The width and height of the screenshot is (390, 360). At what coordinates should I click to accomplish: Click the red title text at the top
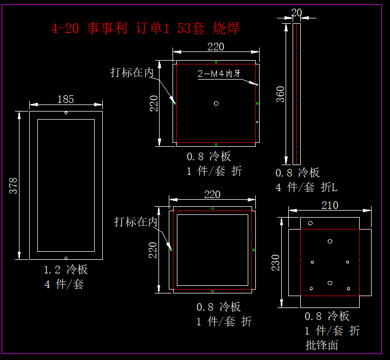point(146,28)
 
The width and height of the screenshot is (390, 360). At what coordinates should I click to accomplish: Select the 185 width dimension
point(65,99)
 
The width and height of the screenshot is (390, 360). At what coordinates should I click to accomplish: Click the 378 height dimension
point(13,186)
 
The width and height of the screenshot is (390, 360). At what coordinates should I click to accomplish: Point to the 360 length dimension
point(280,94)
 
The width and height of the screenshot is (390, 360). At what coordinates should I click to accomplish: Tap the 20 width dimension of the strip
point(296,12)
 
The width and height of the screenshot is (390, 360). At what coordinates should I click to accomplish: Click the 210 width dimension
point(330,205)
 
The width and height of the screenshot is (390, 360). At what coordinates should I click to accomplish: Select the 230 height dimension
point(275,263)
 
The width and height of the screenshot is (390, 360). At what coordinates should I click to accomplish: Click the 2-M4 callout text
point(219,74)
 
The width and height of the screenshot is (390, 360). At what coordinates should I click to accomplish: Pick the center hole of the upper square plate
point(216,103)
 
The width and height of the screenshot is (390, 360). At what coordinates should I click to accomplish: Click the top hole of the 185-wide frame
point(66,113)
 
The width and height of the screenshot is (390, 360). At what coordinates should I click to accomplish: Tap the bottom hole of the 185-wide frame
point(66,258)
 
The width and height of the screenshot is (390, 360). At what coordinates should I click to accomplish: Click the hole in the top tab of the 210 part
point(310,223)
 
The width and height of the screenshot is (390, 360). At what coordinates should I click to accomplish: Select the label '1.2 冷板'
point(65,270)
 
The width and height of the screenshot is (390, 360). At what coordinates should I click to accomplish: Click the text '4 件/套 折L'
point(306,187)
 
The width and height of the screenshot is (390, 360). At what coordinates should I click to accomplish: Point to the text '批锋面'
point(322,345)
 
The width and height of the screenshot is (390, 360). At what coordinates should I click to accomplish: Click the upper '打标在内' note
point(132,73)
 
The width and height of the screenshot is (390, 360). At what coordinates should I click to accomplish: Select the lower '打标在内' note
point(136,221)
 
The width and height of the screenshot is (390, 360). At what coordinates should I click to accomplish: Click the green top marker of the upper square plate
point(216,62)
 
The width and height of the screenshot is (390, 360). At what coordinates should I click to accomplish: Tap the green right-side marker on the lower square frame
point(254,250)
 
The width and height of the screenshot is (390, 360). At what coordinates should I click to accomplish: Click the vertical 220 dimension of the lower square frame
point(153,250)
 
